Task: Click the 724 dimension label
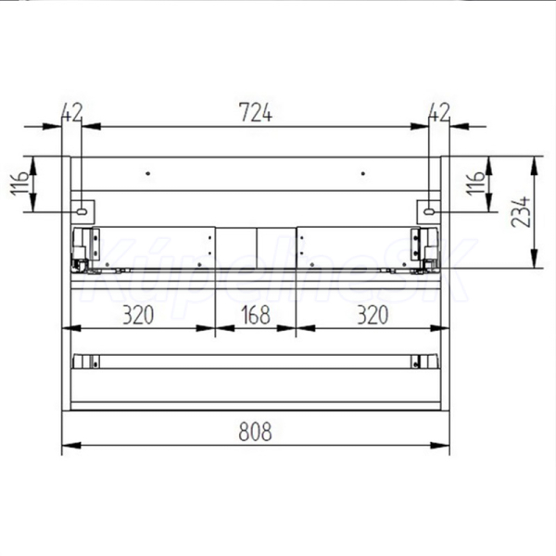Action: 256,112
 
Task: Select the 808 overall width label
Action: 256,432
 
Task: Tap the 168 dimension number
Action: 256,314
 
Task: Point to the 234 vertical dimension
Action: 521,211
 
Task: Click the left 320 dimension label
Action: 138,314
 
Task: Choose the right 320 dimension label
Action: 373,314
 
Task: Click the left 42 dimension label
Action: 72,112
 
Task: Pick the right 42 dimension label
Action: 439,112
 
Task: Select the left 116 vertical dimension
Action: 19,183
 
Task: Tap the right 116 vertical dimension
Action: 475,183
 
